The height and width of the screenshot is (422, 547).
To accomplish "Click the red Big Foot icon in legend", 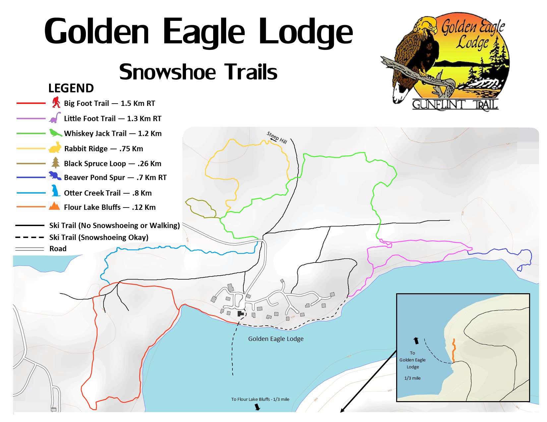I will pyautogui.click(x=56, y=102).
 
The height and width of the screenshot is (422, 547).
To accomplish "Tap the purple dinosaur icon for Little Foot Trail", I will pyautogui.click(x=55, y=117).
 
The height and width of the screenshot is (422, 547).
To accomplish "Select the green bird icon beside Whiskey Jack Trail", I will pyautogui.click(x=55, y=133).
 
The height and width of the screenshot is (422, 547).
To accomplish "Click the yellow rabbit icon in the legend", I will pyautogui.click(x=55, y=148).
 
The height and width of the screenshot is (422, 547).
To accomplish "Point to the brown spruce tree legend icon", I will pyautogui.click(x=55, y=163).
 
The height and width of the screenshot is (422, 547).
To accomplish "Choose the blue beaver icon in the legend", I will pyautogui.click(x=55, y=176).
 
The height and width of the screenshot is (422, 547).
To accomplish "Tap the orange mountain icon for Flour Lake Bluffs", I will pyautogui.click(x=54, y=206).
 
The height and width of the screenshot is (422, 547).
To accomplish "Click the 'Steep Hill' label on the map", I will pyautogui.click(x=277, y=137).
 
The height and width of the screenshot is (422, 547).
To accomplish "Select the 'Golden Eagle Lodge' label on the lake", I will pyautogui.click(x=276, y=339).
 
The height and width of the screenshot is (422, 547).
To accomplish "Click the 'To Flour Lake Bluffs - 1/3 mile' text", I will pyautogui.click(x=260, y=399).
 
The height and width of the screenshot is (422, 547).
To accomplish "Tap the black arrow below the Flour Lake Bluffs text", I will pyautogui.click(x=257, y=407).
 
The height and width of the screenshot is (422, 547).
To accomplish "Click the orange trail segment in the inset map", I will pyautogui.click(x=454, y=350).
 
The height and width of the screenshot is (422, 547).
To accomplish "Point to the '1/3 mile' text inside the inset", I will pyautogui.click(x=412, y=378).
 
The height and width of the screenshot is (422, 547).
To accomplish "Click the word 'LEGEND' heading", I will pyautogui.click(x=71, y=88).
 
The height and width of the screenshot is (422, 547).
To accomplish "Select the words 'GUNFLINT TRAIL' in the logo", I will pyautogui.click(x=455, y=105).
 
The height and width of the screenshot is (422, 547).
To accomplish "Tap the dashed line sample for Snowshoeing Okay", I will pyautogui.click(x=30, y=237).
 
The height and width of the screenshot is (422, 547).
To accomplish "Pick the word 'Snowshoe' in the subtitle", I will pyautogui.click(x=167, y=72).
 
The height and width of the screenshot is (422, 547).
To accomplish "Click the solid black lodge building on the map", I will pyautogui.click(x=240, y=313).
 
